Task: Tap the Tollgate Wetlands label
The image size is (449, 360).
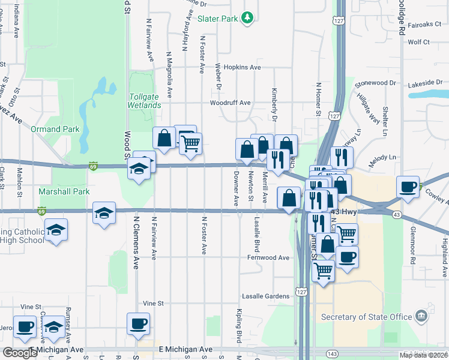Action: click(144, 100)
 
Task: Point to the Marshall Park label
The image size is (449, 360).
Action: click(64, 191)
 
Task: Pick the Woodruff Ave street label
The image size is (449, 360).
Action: click(230, 103)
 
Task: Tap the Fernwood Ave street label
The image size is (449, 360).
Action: click(268, 257)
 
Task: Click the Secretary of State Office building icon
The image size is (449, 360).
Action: click(421, 316)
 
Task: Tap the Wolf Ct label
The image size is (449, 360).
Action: click(419, 42)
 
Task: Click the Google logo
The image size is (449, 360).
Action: click(20, 353)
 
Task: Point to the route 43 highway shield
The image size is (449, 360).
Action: click(397, 215)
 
